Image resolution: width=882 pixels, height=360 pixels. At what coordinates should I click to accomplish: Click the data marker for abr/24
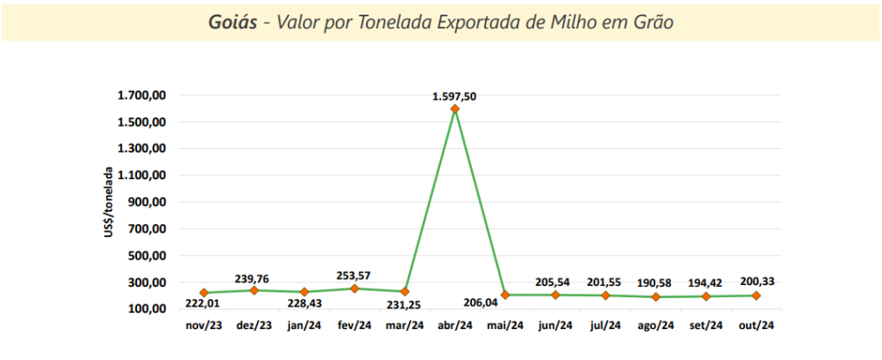[x=455, y=109]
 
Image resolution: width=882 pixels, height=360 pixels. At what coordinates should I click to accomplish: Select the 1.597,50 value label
[x=454, y=96]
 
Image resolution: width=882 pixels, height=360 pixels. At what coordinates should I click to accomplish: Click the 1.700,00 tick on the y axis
[x=140, y=96]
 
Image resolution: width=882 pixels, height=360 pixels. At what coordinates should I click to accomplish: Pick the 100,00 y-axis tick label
[x=146, y=309]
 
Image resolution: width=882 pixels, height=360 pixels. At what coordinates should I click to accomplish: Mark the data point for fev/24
[x=354, y=289]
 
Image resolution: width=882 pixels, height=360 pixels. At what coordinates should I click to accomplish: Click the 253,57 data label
[x=353, y=276]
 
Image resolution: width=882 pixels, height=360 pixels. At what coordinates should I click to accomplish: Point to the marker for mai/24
[x=506, y=295]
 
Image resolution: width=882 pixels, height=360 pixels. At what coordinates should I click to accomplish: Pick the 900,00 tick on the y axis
[x=146, y=202]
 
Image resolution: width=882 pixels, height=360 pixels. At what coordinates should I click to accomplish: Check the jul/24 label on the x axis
[x=606, y=326]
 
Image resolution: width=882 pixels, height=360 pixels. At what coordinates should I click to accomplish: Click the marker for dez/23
[x=253, y=290]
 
